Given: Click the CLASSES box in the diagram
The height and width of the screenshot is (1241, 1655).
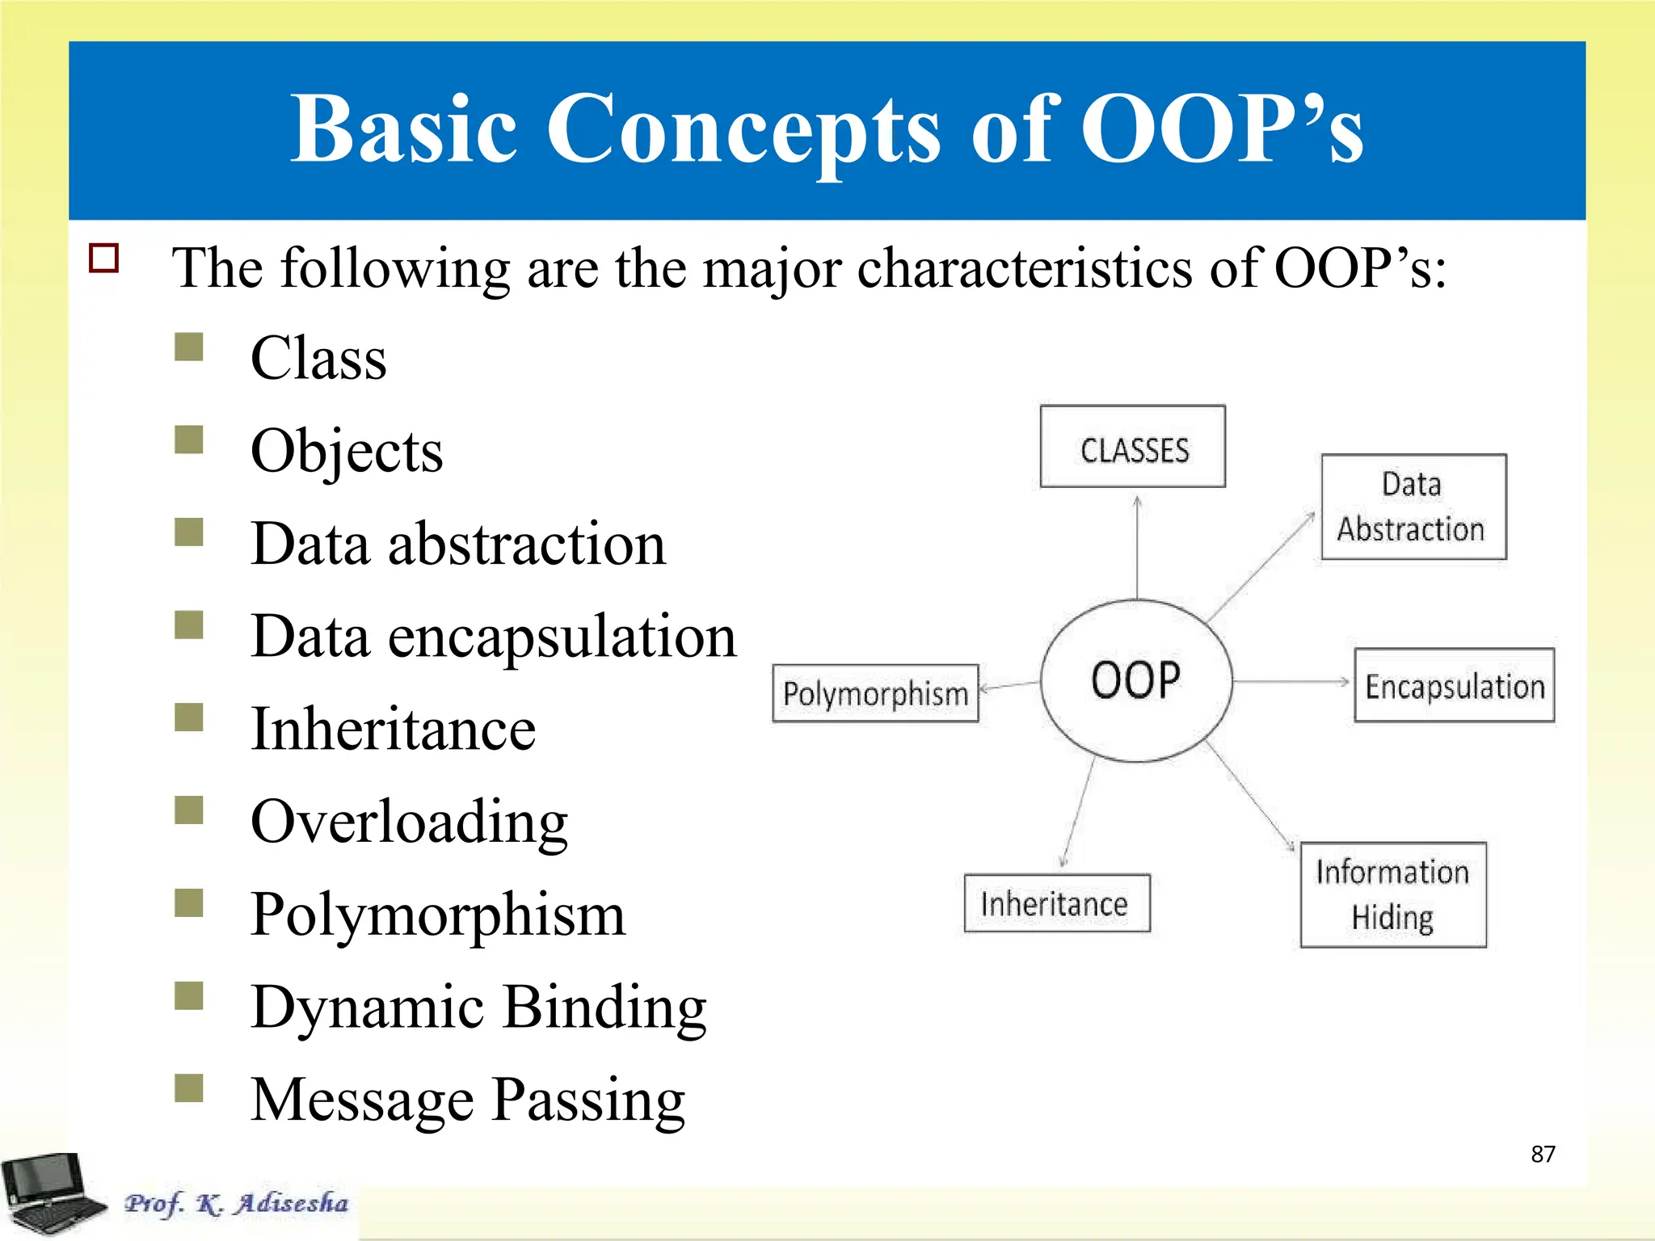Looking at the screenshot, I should pyautogui.click(x=1132, y=447).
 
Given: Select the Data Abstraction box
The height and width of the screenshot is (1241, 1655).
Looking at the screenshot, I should pyautogui.click(x=1413, y=507).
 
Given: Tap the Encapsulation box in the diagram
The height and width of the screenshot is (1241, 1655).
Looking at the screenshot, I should pyautogui.click(x=1454, y=685).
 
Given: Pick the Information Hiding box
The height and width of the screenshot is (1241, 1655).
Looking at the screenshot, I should pyautogui.click(x=1392, y=894).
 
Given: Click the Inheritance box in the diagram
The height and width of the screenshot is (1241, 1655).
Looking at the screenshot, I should pyautogui.click(x=1056, y=903).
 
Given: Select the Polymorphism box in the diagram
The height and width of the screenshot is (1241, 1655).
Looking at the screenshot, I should pyautogui.click(x=875, y=693).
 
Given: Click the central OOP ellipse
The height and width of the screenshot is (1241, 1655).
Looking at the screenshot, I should pyautogui.click(x=1135, y=680).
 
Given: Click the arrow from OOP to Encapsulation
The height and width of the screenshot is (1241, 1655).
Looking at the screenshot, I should pyautogui.click(x=1291, y=682).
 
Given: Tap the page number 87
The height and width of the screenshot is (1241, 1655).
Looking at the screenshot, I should pyautogui.click(x=1543, y=1154).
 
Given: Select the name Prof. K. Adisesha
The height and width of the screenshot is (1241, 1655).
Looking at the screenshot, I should pyautogui.click(x=236, y=1203).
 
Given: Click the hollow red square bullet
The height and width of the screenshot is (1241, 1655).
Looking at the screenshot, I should pyautogui.click(x=104, y=259).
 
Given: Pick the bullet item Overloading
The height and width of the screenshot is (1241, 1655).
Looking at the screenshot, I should pyautogui.click(x=409, y=822).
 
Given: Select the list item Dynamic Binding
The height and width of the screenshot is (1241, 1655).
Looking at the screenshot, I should pyautogui.click(x=478, y=1008).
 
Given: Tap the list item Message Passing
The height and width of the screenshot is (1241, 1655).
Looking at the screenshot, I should pyautogui.click(x=467, y=1100).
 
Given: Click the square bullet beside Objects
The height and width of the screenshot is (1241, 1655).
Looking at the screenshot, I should pyautogui.click(x=189, y=440).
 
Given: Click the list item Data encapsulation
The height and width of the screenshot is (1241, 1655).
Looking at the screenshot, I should pyautogui.click(x=493, y=637).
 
